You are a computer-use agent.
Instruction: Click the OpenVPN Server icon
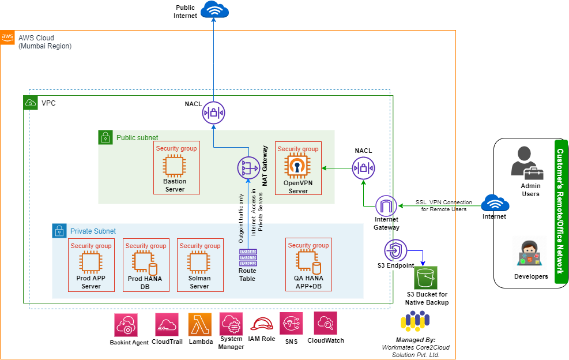tap(298, 166)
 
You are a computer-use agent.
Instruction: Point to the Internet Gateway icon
tap(386, 207)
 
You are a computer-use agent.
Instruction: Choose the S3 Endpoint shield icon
tap(396, 250)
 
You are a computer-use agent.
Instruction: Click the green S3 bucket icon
tap(426, 278)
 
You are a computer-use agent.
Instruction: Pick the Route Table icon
tap(247, 257)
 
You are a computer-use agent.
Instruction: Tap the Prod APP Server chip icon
tap(91, 262)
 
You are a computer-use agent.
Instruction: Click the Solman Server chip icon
tap(199, 262)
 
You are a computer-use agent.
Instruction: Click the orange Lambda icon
tap(200, 325)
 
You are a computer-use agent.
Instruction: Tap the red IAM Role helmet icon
tap(261, 325)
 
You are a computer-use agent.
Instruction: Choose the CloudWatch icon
tap(326, 324)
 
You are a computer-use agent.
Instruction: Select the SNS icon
tap(291, 324)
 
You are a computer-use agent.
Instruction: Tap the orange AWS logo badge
tap(7, 37)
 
